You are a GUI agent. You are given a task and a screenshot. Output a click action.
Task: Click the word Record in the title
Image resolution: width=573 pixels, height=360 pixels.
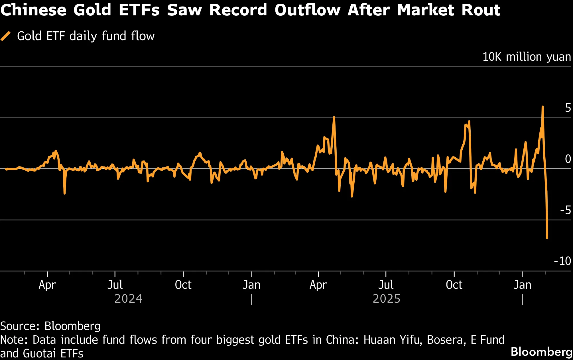click(238, 10)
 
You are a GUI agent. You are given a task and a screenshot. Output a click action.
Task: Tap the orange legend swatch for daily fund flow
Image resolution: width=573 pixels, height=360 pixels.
click(6, 36)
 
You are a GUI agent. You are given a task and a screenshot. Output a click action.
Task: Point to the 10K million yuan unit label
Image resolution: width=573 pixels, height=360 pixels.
click(527, 57)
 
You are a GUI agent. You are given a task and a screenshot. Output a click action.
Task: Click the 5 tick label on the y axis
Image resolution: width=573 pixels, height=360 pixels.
click(568, 108)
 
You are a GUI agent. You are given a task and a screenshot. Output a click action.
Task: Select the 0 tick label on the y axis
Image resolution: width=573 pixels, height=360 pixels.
click(568, 159)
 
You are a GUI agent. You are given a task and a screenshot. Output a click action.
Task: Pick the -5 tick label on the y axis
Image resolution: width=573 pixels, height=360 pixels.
click(565, 210)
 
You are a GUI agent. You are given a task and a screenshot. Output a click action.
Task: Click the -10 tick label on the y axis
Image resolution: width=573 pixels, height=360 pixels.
click(562, 261)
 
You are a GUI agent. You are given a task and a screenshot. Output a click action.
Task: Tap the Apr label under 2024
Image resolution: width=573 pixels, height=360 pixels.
click(47, 285)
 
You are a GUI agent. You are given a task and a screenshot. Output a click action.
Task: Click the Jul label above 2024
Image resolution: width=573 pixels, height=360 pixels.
click(115, 285)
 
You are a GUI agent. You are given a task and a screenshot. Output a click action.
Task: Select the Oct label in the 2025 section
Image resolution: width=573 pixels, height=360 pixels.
click(454, 285)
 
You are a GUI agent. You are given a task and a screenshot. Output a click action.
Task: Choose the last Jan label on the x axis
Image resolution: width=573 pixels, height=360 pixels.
click(522, 285)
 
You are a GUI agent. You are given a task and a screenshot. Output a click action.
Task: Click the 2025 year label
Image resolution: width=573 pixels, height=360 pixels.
click(386, 299)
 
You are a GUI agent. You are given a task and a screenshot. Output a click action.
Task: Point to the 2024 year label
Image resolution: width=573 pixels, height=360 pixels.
click(128, 299)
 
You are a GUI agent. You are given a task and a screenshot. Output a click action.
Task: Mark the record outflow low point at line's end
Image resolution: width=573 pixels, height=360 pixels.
click(547, 238)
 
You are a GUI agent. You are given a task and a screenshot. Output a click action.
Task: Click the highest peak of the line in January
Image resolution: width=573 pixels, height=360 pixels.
click(542, 107)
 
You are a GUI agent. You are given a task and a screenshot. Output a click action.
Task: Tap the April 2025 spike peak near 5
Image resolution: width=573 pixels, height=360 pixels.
click(334, 117)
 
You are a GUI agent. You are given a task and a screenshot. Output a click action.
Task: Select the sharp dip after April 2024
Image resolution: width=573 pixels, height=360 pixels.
click(65, 193)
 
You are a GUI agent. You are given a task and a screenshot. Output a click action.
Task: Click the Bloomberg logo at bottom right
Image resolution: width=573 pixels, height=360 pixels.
click(541, 352)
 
